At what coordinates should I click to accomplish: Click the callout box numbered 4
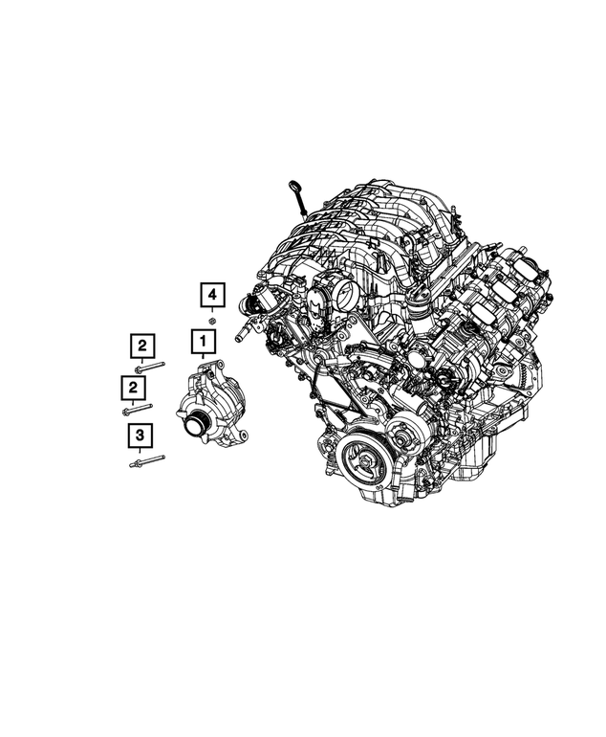click(x=212, y=295)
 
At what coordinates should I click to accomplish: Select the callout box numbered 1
click(x=204, y=342)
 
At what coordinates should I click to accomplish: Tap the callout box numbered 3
click(x=140, y=435)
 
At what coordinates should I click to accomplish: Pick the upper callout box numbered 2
click(x=142, y=346)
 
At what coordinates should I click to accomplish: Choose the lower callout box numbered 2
click(x=133, y=388)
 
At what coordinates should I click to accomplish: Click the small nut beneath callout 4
click(x=211, y=321)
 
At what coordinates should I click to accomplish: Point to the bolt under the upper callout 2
click(x=149, y=367)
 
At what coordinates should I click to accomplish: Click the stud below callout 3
click(x=147, y=460)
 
